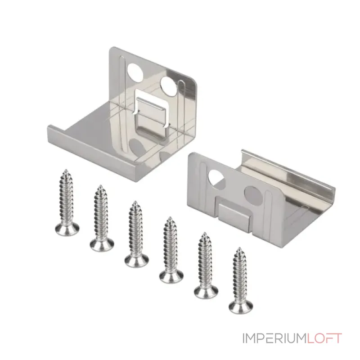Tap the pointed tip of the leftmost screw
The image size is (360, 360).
66,170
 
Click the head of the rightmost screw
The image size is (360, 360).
241,306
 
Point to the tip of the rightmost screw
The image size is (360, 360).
239,248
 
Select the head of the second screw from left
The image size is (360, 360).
102,243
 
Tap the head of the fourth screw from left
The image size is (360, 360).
171,274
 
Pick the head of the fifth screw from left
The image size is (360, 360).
206,290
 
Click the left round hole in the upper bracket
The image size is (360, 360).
135,72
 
